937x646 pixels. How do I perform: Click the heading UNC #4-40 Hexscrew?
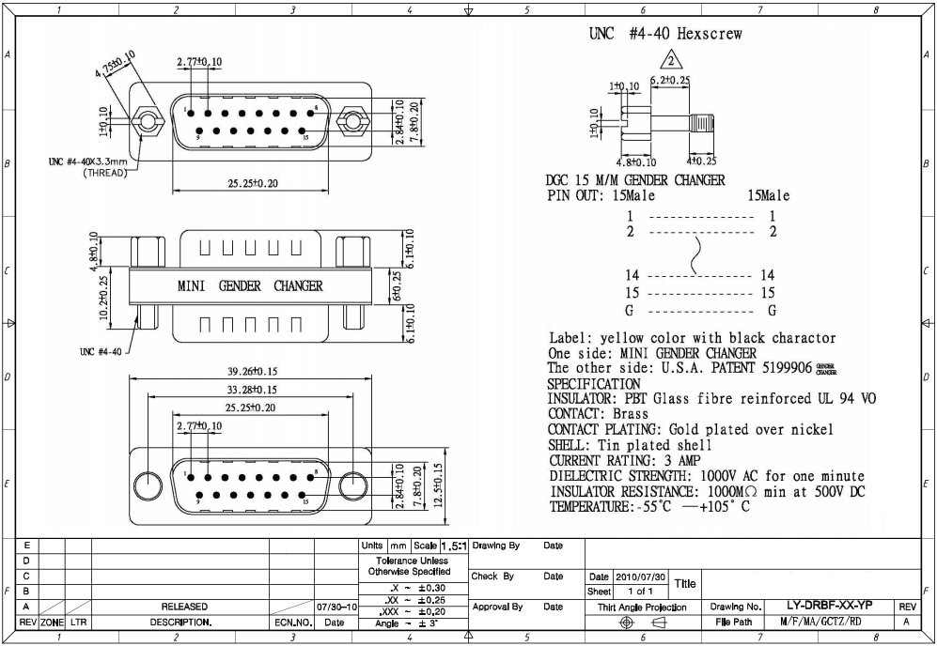tap(665, 34)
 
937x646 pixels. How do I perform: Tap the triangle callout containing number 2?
tap(669, 63)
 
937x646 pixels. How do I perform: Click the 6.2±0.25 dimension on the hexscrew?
tap(671, 81)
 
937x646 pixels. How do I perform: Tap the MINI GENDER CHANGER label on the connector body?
tap(250, 285)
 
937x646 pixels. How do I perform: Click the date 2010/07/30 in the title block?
tap(640, 577)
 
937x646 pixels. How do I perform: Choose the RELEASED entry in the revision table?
tap(184, 607)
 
